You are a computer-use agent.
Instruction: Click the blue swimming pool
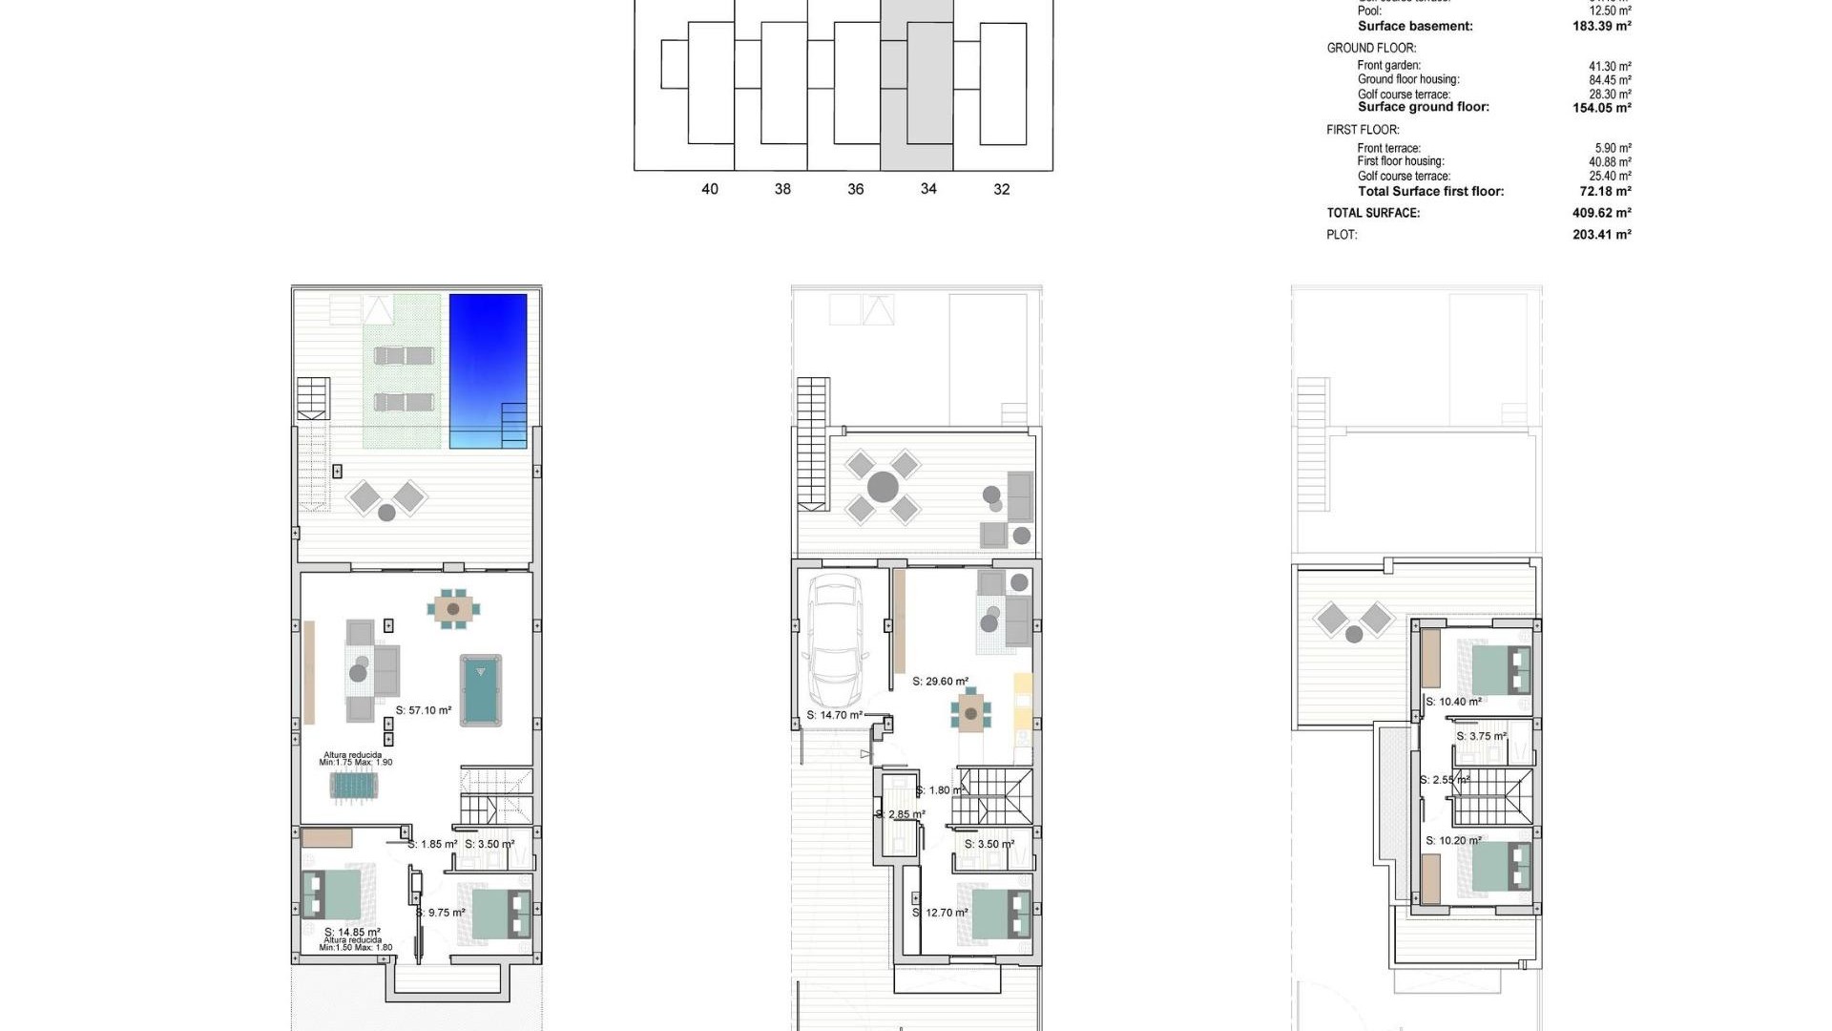click(488, 370)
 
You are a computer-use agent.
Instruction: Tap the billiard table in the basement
click(481, 689)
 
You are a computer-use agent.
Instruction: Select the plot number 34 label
click(928, 189)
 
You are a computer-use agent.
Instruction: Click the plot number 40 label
click(710, 189)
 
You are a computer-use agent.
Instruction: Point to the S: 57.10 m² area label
click(424, 710)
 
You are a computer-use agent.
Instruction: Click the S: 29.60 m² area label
click(940, 682)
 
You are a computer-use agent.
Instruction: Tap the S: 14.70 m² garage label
click(834, 715)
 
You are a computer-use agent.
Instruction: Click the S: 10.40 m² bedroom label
click(1453, 702)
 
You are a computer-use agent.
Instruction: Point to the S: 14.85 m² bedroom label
click(352, 932)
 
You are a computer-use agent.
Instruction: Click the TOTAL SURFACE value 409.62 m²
click(1601, 213)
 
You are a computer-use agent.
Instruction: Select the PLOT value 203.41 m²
click(1601, 235)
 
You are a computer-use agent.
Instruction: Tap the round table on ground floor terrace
click(883, 487)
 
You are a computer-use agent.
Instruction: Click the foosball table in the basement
click(354, 786)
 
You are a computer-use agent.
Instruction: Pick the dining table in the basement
click(453, 608)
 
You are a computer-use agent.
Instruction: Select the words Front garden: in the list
click(1388, 66)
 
